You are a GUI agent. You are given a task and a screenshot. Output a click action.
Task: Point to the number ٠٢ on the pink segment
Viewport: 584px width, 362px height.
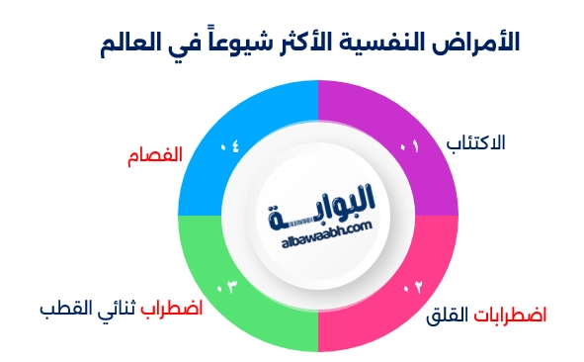pyautogui.click(x=413, y=288)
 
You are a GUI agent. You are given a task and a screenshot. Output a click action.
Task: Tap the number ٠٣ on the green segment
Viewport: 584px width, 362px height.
pyautogui.click(x=227, y=288)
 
